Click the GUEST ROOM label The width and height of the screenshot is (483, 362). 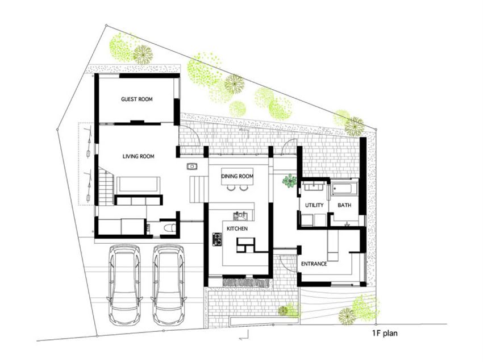pyautogui.click(x=137, y=99)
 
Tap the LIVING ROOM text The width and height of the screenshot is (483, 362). pyautogui.click(x=138, y=156)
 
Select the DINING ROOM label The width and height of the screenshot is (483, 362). pyautogui.click(x=237, y=176)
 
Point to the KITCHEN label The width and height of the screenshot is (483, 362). pyautogui.click(x=237, y=228)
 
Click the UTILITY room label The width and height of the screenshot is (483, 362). pyautogui.click(x=314, y=205)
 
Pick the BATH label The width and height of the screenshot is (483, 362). pyautogui.click(x=344, y=205)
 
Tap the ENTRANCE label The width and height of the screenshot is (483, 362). pyautogui.click(x=314, y=264)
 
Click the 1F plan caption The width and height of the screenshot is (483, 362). pyautogui.click(x=385, y=334)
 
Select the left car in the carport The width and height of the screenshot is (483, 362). pyautogui.click(x=125, y=285)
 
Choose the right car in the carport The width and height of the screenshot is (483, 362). pyautogui.click(x=169, y=285)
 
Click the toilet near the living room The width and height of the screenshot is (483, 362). pyautogui.click(x=170, y=228)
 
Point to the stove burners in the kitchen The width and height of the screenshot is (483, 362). pyautogui.click(x=217, y=239)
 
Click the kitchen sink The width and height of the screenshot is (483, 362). pyautogui.click(x=240, y=216)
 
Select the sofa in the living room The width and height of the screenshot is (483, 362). pyautogui.click(x=138, y=184)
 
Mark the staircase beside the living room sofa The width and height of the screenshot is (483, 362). pyautogui.click(x=106, y=186)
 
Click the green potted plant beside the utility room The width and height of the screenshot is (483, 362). pyautogui.click(x=290, y=181)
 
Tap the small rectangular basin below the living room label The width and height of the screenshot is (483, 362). pyautogui.click(x=192, y=167)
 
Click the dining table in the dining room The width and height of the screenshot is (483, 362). pyautogui.click(x=237, y=177)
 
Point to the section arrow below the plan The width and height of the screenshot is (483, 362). pyautogui.click(x=244, y=335)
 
